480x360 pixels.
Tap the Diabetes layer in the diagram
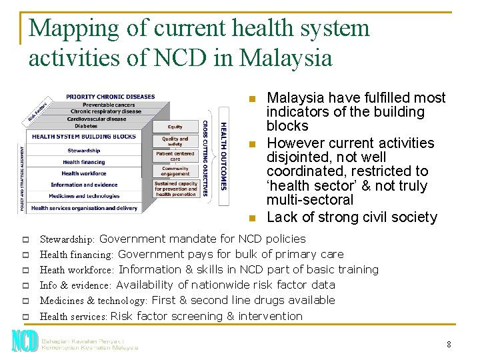[x=86, y=125]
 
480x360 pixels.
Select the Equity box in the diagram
[x=175, y=126]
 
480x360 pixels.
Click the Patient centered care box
[x=175, y=156]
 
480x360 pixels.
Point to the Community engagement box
[x=175, y=171]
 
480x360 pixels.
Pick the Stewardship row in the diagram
[x=84, y=151]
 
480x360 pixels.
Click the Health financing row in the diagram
[x=84, y=162]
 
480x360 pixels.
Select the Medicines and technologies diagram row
[x=84, y=196]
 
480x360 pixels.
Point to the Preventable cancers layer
[x=109, y=105]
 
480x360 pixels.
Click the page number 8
[x=449, y=345]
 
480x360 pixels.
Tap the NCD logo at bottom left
[x=24, y=341]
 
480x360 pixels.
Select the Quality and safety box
[x=175, y=141]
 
